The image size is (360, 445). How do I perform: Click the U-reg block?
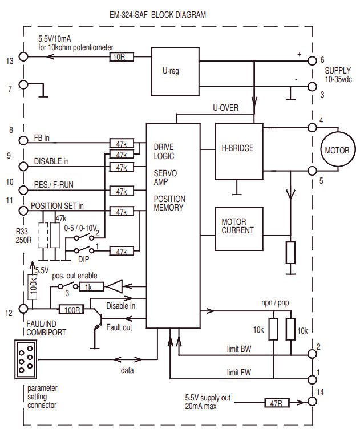(x=172, y=72)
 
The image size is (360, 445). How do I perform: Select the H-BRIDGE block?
(x=238, y=149)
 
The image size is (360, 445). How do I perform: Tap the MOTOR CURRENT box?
(x=238, y=226)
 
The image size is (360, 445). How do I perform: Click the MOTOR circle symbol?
(x=337, y=151)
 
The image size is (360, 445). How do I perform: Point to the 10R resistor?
(x=121, y=58)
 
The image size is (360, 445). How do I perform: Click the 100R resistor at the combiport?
(x=71, y=309)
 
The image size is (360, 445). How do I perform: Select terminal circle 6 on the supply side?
(x=312, y=60)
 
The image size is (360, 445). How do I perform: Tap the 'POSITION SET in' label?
(x=57, y=205)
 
